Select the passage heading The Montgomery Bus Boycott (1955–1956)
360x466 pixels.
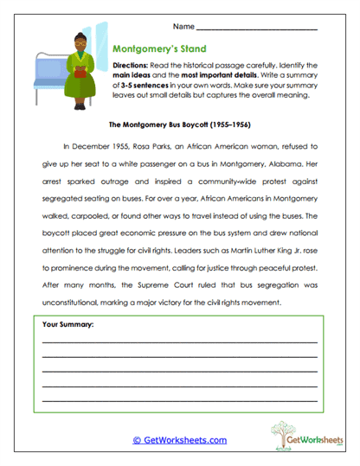click(x=180, y=124)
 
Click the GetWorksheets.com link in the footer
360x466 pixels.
click(x=180, y=439)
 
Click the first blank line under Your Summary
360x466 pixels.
click(x=179, y=342)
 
